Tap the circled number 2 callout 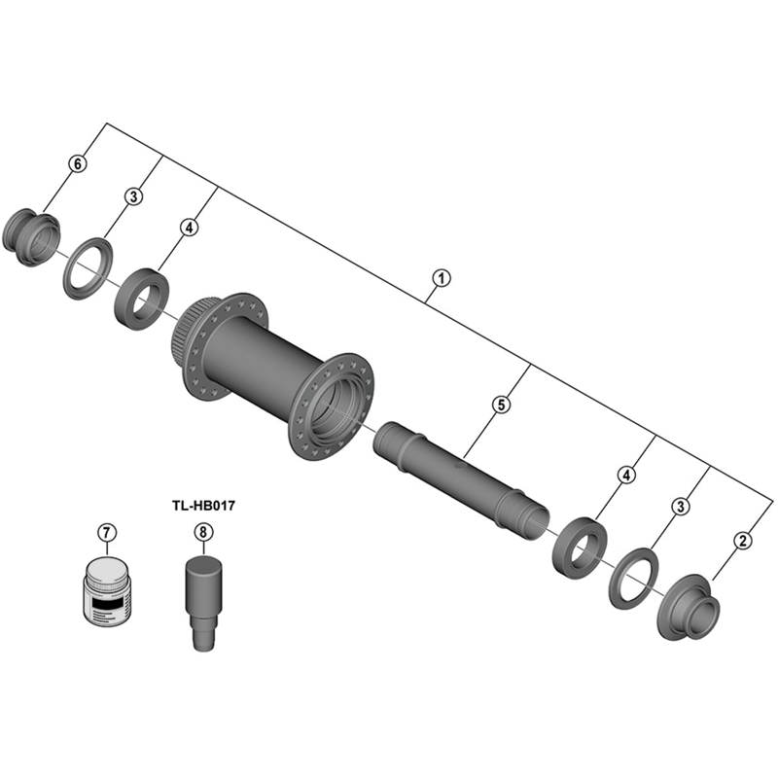pos(743,541)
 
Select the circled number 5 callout pos(500,405)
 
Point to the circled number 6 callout pos(78,164)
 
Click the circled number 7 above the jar pos(107,532)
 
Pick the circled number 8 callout pos(202,532)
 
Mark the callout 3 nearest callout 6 pos(134,196)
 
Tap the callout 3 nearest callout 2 pos(682,506)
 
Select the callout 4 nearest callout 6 pos(189,228)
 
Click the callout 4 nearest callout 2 pos(627,476)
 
